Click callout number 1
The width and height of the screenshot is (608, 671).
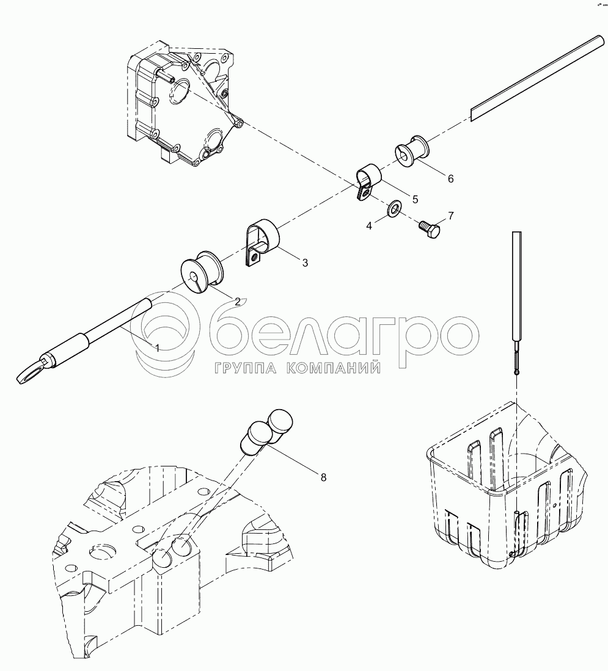click(158, 349)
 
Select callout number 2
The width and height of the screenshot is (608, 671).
click(237, 301)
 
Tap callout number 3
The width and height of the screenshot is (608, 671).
click(305, 263)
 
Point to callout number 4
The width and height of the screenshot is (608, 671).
click(369, 225)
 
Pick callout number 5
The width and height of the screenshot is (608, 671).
click(415, 200)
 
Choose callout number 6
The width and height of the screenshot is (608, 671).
click(450, 178)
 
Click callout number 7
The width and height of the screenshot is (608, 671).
click(450, 216)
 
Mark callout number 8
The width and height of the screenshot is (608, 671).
click(323, 477)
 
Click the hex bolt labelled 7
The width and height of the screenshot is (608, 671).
click(430, 229)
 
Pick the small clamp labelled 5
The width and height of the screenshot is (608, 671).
click(367, 181)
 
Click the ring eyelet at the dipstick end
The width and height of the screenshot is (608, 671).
click(31, 368)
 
